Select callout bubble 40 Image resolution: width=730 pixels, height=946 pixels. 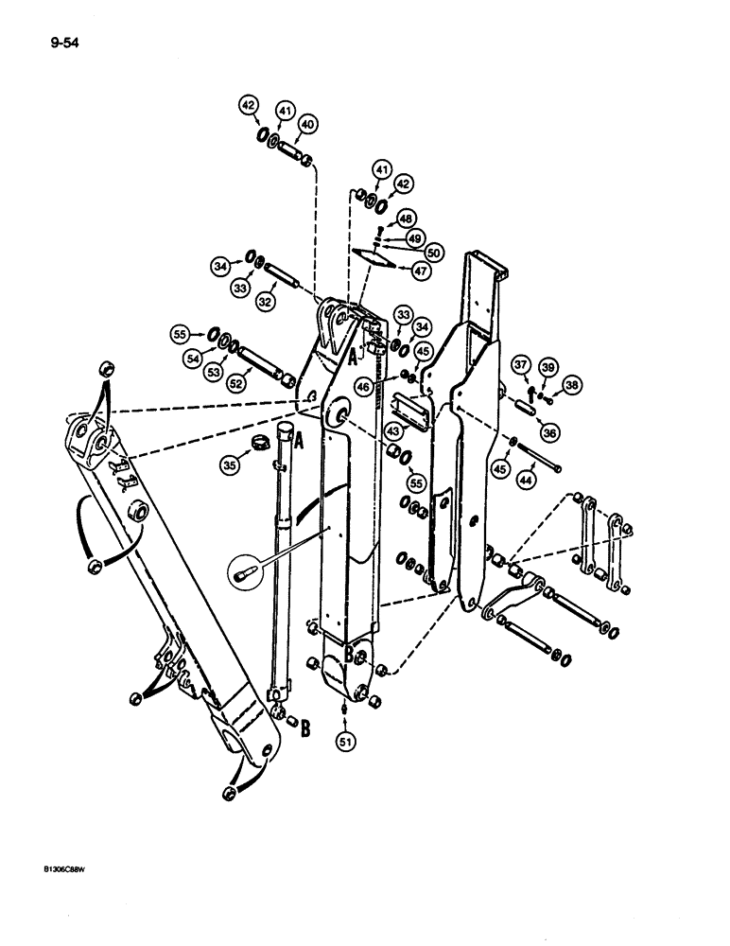click(308, 124)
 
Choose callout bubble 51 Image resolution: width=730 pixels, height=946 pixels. click(347, 742)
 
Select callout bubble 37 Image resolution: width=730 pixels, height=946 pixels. click(520, 365)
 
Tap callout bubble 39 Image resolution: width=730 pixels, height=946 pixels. click(547, 366)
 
